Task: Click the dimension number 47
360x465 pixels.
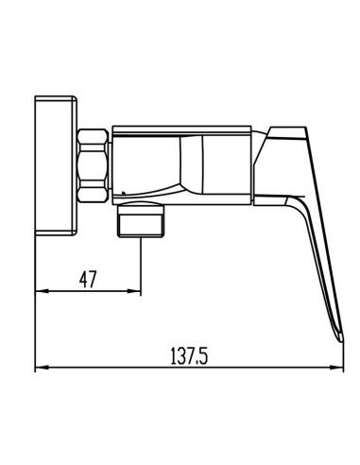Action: click(x=87, y=279)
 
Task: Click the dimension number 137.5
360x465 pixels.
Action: click(x=189, y=355)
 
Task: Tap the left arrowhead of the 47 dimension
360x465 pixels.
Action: click(x=43, y=291)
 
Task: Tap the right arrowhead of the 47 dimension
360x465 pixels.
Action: click(x=134, y=291)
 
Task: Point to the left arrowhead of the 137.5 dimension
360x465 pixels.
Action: click(x=43, y=368)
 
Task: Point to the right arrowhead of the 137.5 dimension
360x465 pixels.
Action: click(x=336, y=368)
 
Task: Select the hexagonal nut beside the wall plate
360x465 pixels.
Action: click(x=93, y=165)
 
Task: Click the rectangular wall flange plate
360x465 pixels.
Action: click(x=56, y=165)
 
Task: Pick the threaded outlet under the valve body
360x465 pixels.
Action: click(x=141, y=219)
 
